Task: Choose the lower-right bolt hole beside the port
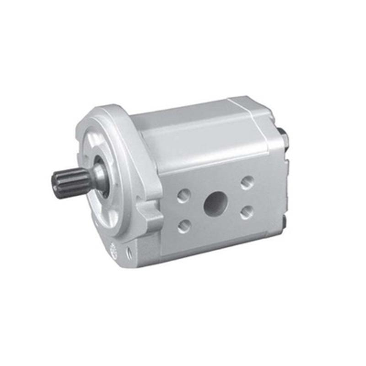pyautogui.click(x=247, y=211)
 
